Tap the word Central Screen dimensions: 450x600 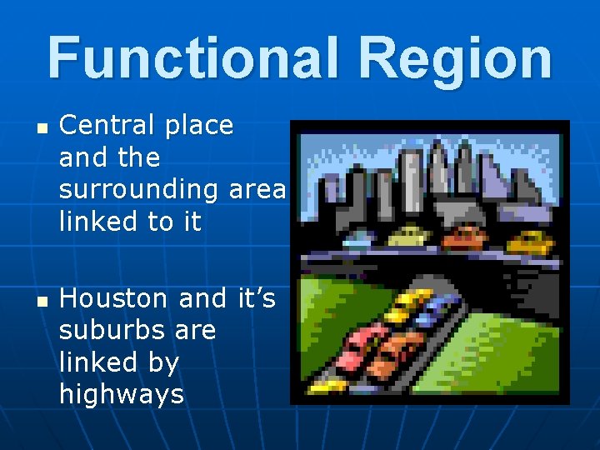106,126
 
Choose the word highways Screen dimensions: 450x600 121,394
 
